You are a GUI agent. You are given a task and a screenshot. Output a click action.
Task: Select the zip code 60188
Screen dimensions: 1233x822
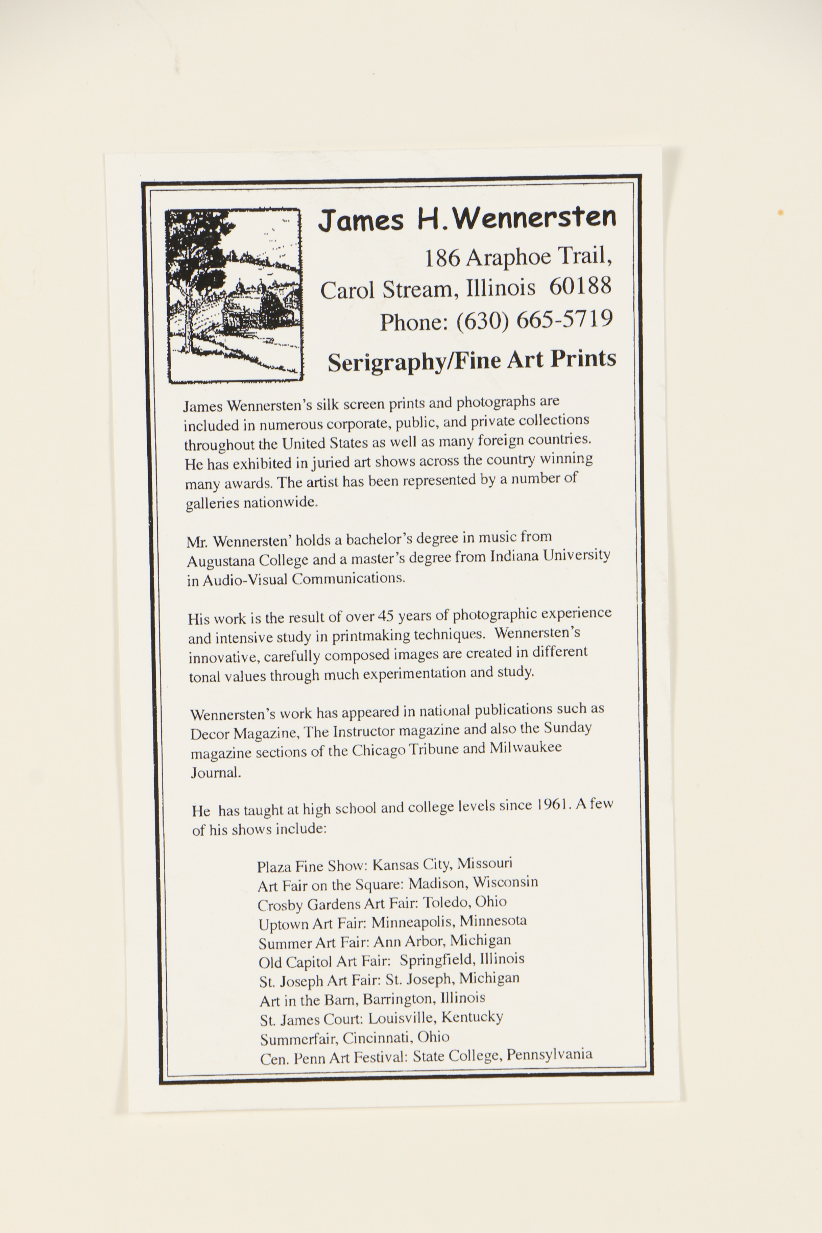(x=580, y=286)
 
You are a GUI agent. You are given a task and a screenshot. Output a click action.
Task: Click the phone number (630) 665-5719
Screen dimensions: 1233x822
(x=534, y=320)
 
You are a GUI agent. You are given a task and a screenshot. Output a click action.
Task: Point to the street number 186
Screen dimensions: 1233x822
(x=442, y=258)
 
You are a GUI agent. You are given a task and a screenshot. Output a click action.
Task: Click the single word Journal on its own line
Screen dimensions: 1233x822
(x=216, y=773)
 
